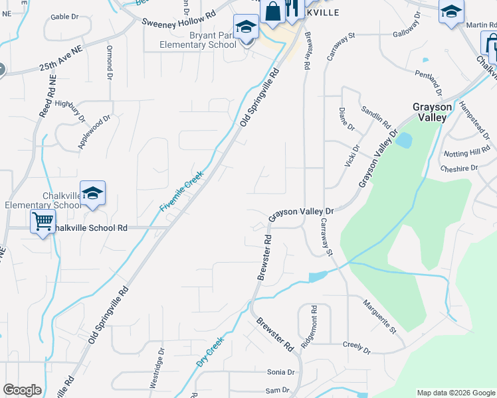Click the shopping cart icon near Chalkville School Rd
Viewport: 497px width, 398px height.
pyautogui.click(x=43, y=222)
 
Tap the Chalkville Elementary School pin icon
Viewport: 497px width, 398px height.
pyautogui.click(x=92, y=193)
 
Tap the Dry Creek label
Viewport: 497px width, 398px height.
pyautogui.click(x=209, y=352)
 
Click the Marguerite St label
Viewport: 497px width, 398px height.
pyautogui.click(x=379, y=316)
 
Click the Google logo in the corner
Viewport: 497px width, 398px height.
pyautogui.click(x=22, y=390)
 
